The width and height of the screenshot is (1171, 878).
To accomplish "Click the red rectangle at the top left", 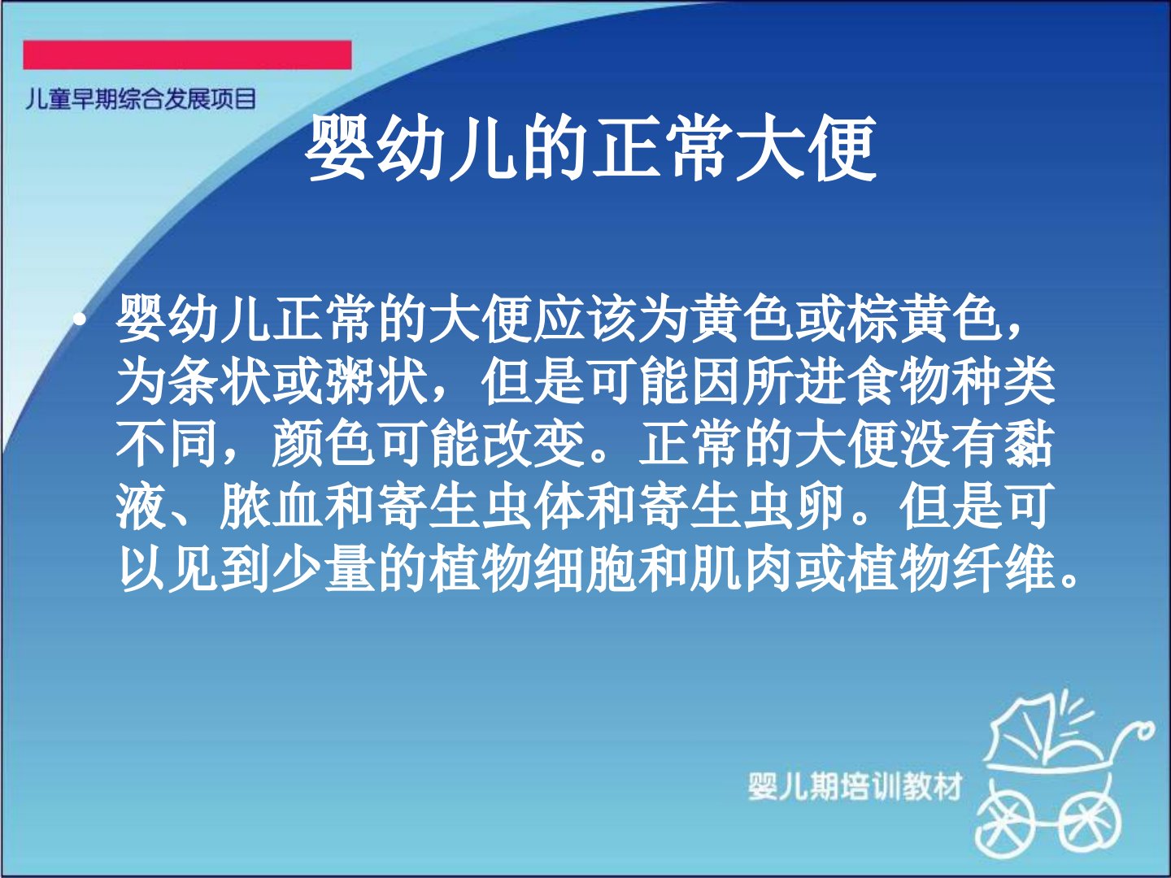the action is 187,55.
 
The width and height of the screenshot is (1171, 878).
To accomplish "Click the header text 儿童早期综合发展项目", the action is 141,99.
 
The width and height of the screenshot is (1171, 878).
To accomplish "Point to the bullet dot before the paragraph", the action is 80,319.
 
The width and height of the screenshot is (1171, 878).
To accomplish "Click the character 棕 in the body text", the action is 873,319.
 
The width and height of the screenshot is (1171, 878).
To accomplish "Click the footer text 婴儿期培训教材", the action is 855,786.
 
